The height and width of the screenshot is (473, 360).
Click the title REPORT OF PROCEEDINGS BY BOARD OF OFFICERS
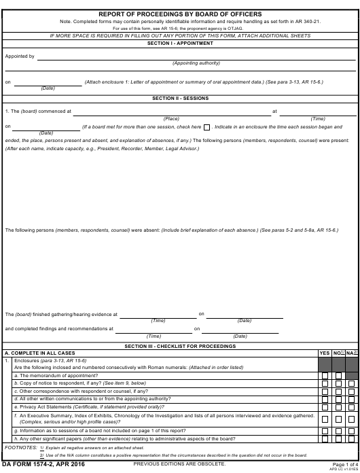click(180, 14)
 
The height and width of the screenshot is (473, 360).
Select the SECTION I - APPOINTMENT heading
click(180, 43)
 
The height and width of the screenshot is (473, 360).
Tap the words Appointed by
click(20, 56)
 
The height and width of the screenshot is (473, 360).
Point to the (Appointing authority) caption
click(196, 63)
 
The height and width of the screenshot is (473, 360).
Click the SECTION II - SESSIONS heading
click(180, 99)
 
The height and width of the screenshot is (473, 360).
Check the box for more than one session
click(206, 127)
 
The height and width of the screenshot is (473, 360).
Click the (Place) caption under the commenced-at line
click(171, 118)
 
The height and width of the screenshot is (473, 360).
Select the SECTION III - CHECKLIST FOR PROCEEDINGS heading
click(180, 346)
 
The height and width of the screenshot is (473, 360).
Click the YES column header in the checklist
click(325, 353)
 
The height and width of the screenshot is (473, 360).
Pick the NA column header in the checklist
click(351, 353)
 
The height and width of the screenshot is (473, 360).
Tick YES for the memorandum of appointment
click(325, 376)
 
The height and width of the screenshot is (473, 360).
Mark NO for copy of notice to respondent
click(338, 384)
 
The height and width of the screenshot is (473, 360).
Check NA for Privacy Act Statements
click(351, 407)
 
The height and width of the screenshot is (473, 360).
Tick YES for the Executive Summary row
click(325, 419)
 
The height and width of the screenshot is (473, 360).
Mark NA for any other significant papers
click(351, 439)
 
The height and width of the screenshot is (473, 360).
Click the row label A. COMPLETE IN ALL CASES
click(40, 353)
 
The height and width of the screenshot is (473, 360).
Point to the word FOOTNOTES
click(20, 448)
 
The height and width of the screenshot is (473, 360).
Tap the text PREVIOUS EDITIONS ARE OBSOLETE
click(180, 464)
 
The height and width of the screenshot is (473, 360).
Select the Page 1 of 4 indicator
click(346, 464)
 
